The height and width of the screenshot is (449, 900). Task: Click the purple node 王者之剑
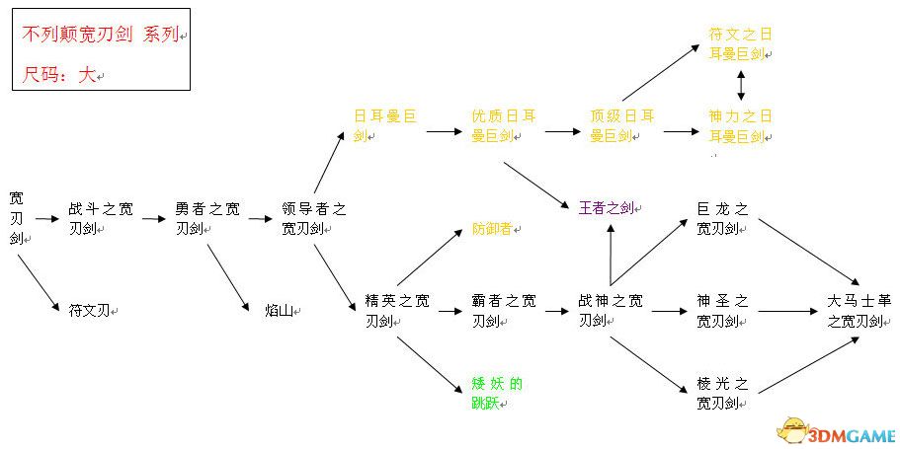pyautogui.click(x=608, y=208)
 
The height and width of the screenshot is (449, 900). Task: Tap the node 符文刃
pyautogui.click(x=90, y=311)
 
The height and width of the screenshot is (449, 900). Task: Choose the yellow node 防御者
pyautogui.click(x=492, y=229)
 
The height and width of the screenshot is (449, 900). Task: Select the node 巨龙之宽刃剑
pyautogui.click(x=723, y=219)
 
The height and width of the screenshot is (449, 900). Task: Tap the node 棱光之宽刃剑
pyautogui.click(x=723, y=394)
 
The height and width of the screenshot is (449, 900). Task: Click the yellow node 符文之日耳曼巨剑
pyautogui.click(x=740, y=44)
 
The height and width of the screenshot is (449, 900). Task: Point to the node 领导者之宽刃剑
pyautogui.click(x=314, y=219)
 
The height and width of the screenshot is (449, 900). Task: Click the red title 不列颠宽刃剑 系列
pyautogui.click(x=101, y=35)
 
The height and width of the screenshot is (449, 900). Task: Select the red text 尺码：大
pyautogui.click(x=59, y=75)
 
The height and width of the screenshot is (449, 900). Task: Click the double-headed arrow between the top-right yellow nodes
pyautogui.click(x=741, y=86)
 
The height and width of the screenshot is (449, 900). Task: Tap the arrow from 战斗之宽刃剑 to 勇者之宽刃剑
pyautogui.click(x=154, y=218)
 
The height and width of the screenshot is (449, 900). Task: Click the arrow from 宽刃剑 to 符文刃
pyautogui.click(x=39, y=282)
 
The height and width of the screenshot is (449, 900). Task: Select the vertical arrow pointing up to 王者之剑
pyautogui.click(x=611, y=254)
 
